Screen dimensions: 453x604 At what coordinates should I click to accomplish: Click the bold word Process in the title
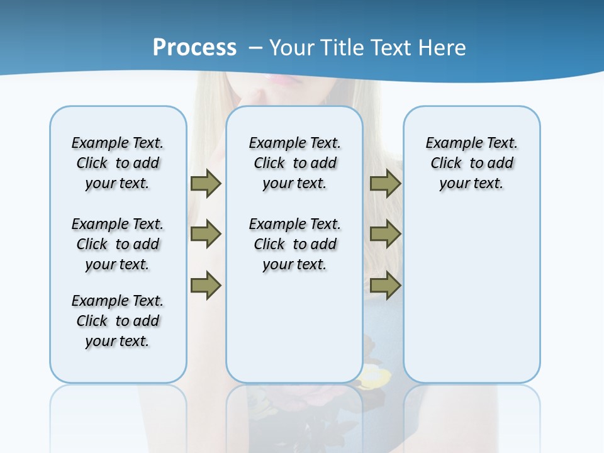click(x=194, y=48)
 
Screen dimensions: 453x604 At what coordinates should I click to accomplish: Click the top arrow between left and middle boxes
click(x=206, y=183)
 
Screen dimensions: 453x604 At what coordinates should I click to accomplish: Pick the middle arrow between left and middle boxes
click(x=206, y=234)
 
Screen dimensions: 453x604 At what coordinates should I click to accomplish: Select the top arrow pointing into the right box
click(x=385, y=183)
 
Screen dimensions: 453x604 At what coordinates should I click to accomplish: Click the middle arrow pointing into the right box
click(x=385, y=234)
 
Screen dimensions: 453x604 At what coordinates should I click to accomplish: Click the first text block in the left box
click(x=118, y=163)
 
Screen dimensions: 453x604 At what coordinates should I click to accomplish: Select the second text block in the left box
click(x=118, y=244)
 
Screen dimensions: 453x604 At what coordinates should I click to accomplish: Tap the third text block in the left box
click(x=118, y=321)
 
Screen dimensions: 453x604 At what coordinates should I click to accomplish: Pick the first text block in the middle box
click(x=294, y=163)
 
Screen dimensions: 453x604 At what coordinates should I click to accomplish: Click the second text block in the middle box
click(x=294, y=244)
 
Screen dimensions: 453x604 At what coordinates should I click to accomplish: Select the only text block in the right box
click(x=471, y=163)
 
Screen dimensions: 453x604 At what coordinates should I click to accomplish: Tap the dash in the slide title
click(x=256, y=48)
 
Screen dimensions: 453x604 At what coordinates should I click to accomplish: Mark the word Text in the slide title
click(x=393, y=48)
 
